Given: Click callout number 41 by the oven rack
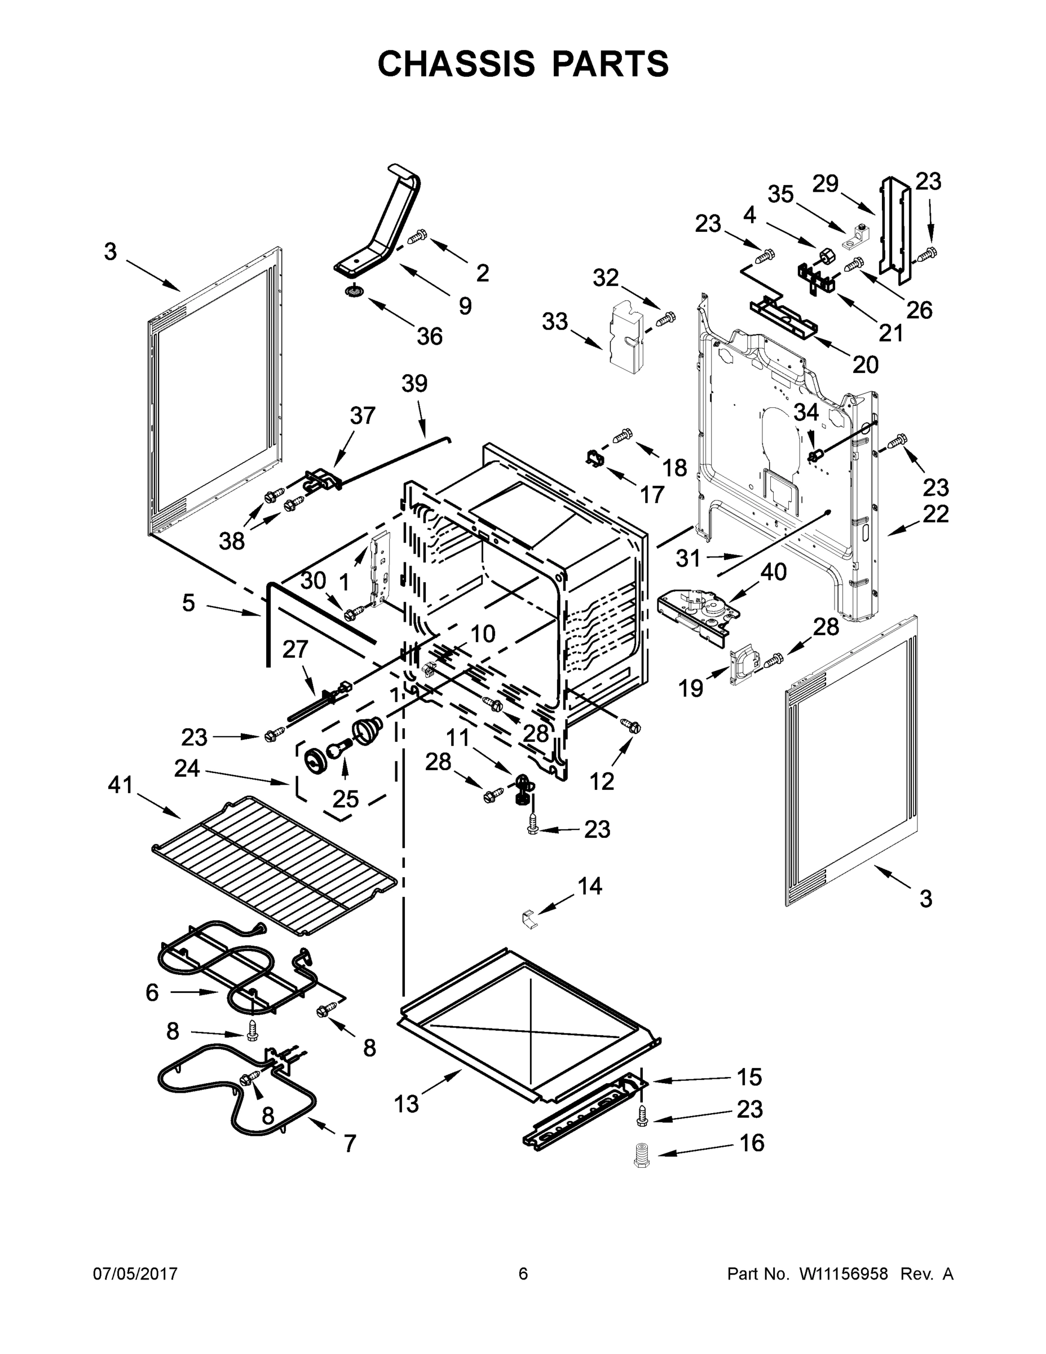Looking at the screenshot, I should (121, 785).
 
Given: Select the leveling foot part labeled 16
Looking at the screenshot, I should (642, 1155).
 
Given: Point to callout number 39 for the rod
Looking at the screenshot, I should (414, 384).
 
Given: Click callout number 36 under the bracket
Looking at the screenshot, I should (430, 336).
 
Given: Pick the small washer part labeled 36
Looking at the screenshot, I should (355, 291).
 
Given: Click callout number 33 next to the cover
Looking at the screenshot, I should (555, 322).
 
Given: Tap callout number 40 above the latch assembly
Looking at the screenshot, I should (773, 572).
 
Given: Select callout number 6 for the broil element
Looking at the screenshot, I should (152, 992).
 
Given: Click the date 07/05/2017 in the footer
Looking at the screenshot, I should (135, 1274).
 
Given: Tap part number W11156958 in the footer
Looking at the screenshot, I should (844, 1274).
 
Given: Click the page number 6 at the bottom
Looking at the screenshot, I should (523, 1274).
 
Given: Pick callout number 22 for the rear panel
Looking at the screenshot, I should (935, 514).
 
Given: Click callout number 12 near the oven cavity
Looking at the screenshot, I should (602, 782).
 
